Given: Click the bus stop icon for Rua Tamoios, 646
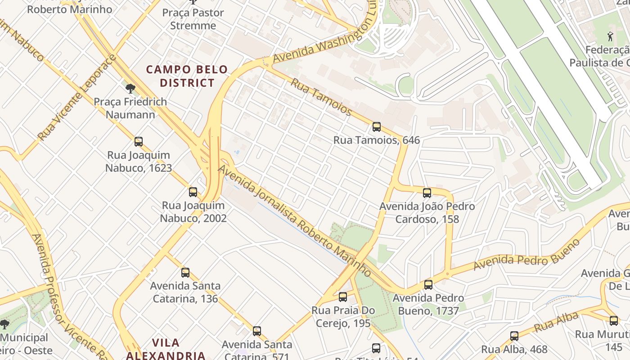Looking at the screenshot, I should [377, 127].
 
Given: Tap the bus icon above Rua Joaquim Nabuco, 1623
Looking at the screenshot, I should [139, 142].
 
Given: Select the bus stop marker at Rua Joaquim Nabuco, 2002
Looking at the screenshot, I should [193, 192].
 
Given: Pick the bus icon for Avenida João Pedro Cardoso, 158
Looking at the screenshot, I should [427, 193].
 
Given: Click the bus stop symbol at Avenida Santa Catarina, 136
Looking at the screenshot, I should [185, 272].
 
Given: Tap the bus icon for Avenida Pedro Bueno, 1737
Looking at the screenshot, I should [428, 284].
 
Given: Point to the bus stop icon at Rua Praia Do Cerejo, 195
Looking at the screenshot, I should [343, 297].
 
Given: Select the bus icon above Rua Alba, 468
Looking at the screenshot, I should [514, 336].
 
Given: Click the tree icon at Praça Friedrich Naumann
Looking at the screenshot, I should [130, 88].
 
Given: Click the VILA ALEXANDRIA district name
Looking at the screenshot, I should [166, 349].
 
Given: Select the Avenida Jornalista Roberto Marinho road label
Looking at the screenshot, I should [295, 221].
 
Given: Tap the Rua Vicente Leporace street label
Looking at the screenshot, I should [77, 98].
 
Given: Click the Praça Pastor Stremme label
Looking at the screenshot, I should [193, 19].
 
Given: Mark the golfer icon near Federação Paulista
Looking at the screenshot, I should [610, 36].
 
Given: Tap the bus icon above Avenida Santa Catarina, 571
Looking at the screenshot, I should [257, 331].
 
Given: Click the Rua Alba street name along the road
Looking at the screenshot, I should [556, 323].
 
